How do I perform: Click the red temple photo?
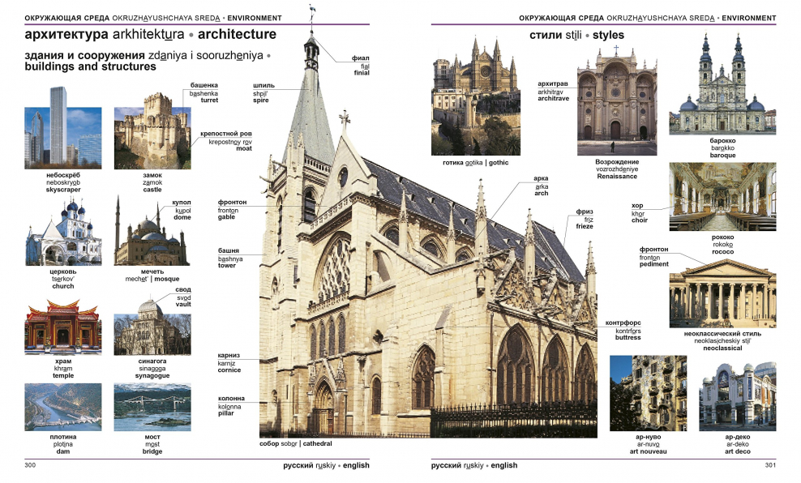click(x=62, y=327)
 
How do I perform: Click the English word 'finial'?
click(x=362, y=73)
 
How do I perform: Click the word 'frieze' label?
click(x=585, y=226)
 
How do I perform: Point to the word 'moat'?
click(x=243, y=148)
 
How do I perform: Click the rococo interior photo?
click(x=722, y=197)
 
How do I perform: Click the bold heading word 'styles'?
click(x=608, y=36)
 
